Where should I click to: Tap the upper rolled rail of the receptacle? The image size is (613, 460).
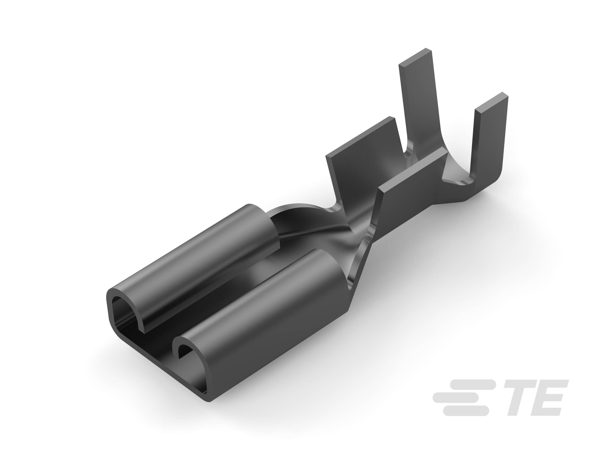194,263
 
